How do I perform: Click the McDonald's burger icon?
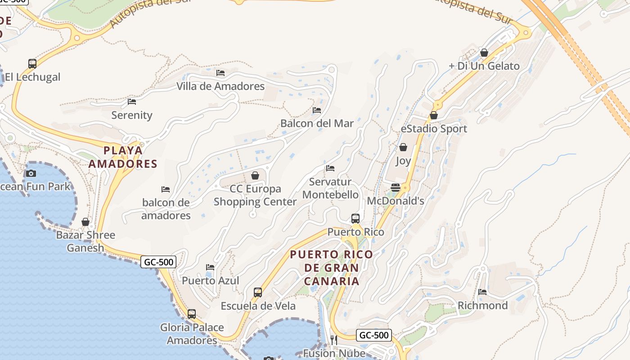pos(396,188)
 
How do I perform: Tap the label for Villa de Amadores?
pos(220,86)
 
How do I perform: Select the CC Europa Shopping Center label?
pos(255,195)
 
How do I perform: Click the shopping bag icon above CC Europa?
pos(255,175)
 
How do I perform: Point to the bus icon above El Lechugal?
pos(32,63)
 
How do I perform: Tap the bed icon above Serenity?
pos(132,102)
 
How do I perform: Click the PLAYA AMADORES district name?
pos(123,157)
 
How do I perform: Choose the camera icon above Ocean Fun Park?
pos(31,173)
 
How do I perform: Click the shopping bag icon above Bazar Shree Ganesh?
pos(85,222)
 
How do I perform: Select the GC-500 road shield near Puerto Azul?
pos(158,261)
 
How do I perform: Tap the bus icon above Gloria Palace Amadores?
pos(192,314)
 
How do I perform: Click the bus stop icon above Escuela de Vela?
pos(258,292)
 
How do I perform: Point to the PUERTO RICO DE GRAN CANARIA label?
pos(332,268)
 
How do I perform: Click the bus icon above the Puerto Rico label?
pos(355,219)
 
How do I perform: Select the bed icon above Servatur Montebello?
pos(330,168)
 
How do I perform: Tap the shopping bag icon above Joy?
pos(403,147)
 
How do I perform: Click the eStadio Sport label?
pos(434,129)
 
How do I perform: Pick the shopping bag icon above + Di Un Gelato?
pos(484,53)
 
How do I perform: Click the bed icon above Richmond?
pos(483,292)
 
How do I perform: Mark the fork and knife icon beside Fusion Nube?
pos(334,340)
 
